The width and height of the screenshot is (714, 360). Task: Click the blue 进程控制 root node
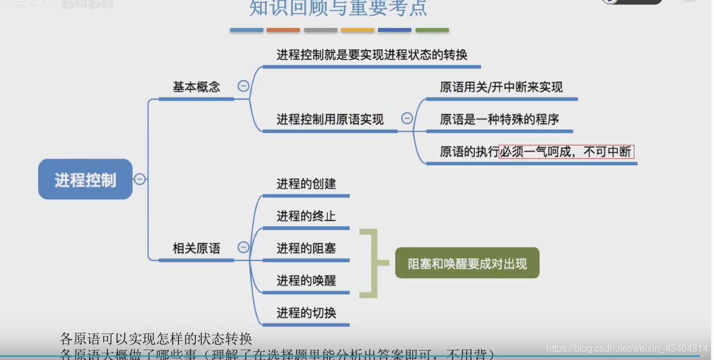pyautogui.click(x=85, y=179)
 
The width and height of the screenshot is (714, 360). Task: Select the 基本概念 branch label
pyautogui.click(x=196, y=87)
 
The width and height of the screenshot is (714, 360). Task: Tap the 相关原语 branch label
pyautogui.click(x=196, y=249)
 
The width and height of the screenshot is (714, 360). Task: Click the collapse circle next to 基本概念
pyautogui.click(x=243, y=86)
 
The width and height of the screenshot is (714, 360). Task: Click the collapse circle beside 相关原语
pyautogui.click(x=243, y=247)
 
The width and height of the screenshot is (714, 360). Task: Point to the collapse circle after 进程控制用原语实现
pyautogui.click(x=407, y=119)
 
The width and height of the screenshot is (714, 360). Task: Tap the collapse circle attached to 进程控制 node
pyautogui.click(x=139, y=179)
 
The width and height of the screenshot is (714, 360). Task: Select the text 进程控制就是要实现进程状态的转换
pyautogui.click(x=372, y=55)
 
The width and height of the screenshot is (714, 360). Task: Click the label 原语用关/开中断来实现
pyautogui.click(x=501, y=87)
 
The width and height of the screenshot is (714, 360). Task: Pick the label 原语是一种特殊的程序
pyautogui.click(x=499, y=119)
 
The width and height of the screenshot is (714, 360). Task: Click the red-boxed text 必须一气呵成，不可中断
pyautogui.click(x=566, y=152)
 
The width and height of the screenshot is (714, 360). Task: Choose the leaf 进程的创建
pyautogui.click(x=306, y=184)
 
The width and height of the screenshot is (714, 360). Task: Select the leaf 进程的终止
pyautogui.click(x=306, y=216)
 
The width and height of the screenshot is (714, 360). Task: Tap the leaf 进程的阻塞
pyautogui.click(x=306, y=248)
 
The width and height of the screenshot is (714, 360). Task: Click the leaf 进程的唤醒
pyautogui.click(x=306, y=280)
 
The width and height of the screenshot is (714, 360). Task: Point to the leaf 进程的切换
pyautogui.click(x=306, y=312)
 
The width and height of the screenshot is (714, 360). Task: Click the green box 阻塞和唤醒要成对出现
pyautogui.click(x=467, y=263)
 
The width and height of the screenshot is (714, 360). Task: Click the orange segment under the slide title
pyautogui.click(x=283, y=30)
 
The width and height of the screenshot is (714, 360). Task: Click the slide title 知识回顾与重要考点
pyautogui.click(x=338, y=9)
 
